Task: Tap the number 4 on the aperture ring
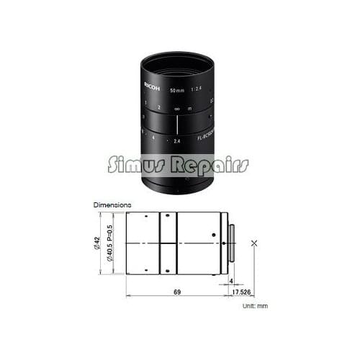pyautogui.click(x=153, y=137)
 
